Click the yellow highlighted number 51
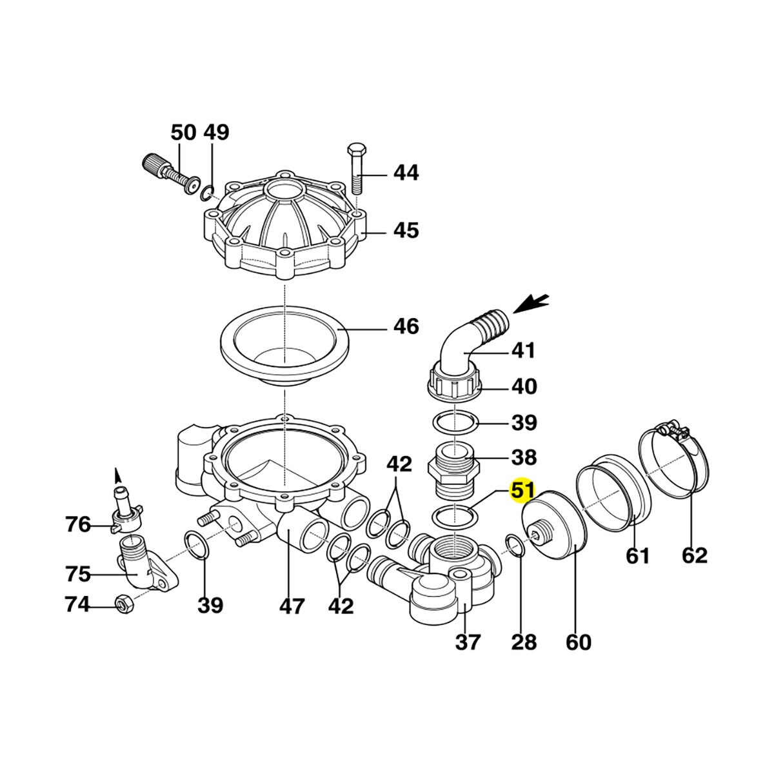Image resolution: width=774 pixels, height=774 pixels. coord(522,490)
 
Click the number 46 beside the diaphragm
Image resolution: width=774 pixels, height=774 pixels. coord(406,326)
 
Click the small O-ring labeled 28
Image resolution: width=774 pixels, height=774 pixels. coord(515,545)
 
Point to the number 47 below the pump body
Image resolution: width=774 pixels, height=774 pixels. coord(292,606)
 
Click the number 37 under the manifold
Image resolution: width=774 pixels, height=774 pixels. coord(468,642)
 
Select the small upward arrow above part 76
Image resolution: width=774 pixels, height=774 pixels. coord(117,475)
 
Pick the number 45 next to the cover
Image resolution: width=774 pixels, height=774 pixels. coord(406,230)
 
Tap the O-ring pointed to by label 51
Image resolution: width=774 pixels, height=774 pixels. coord(455,515)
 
